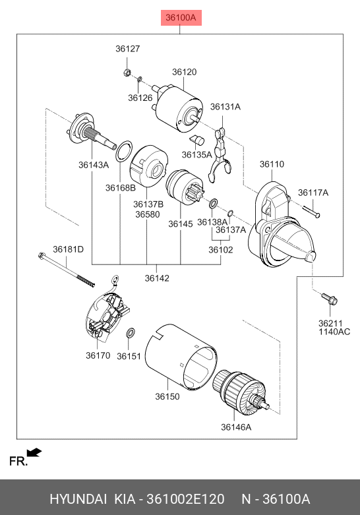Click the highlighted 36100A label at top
(181, 17)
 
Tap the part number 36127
(128, 49)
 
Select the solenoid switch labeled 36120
(177, 107)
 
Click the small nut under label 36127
(127, 72)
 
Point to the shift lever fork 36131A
(219, 154)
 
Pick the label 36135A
(196, 154)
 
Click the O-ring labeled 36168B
(123, 151)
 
